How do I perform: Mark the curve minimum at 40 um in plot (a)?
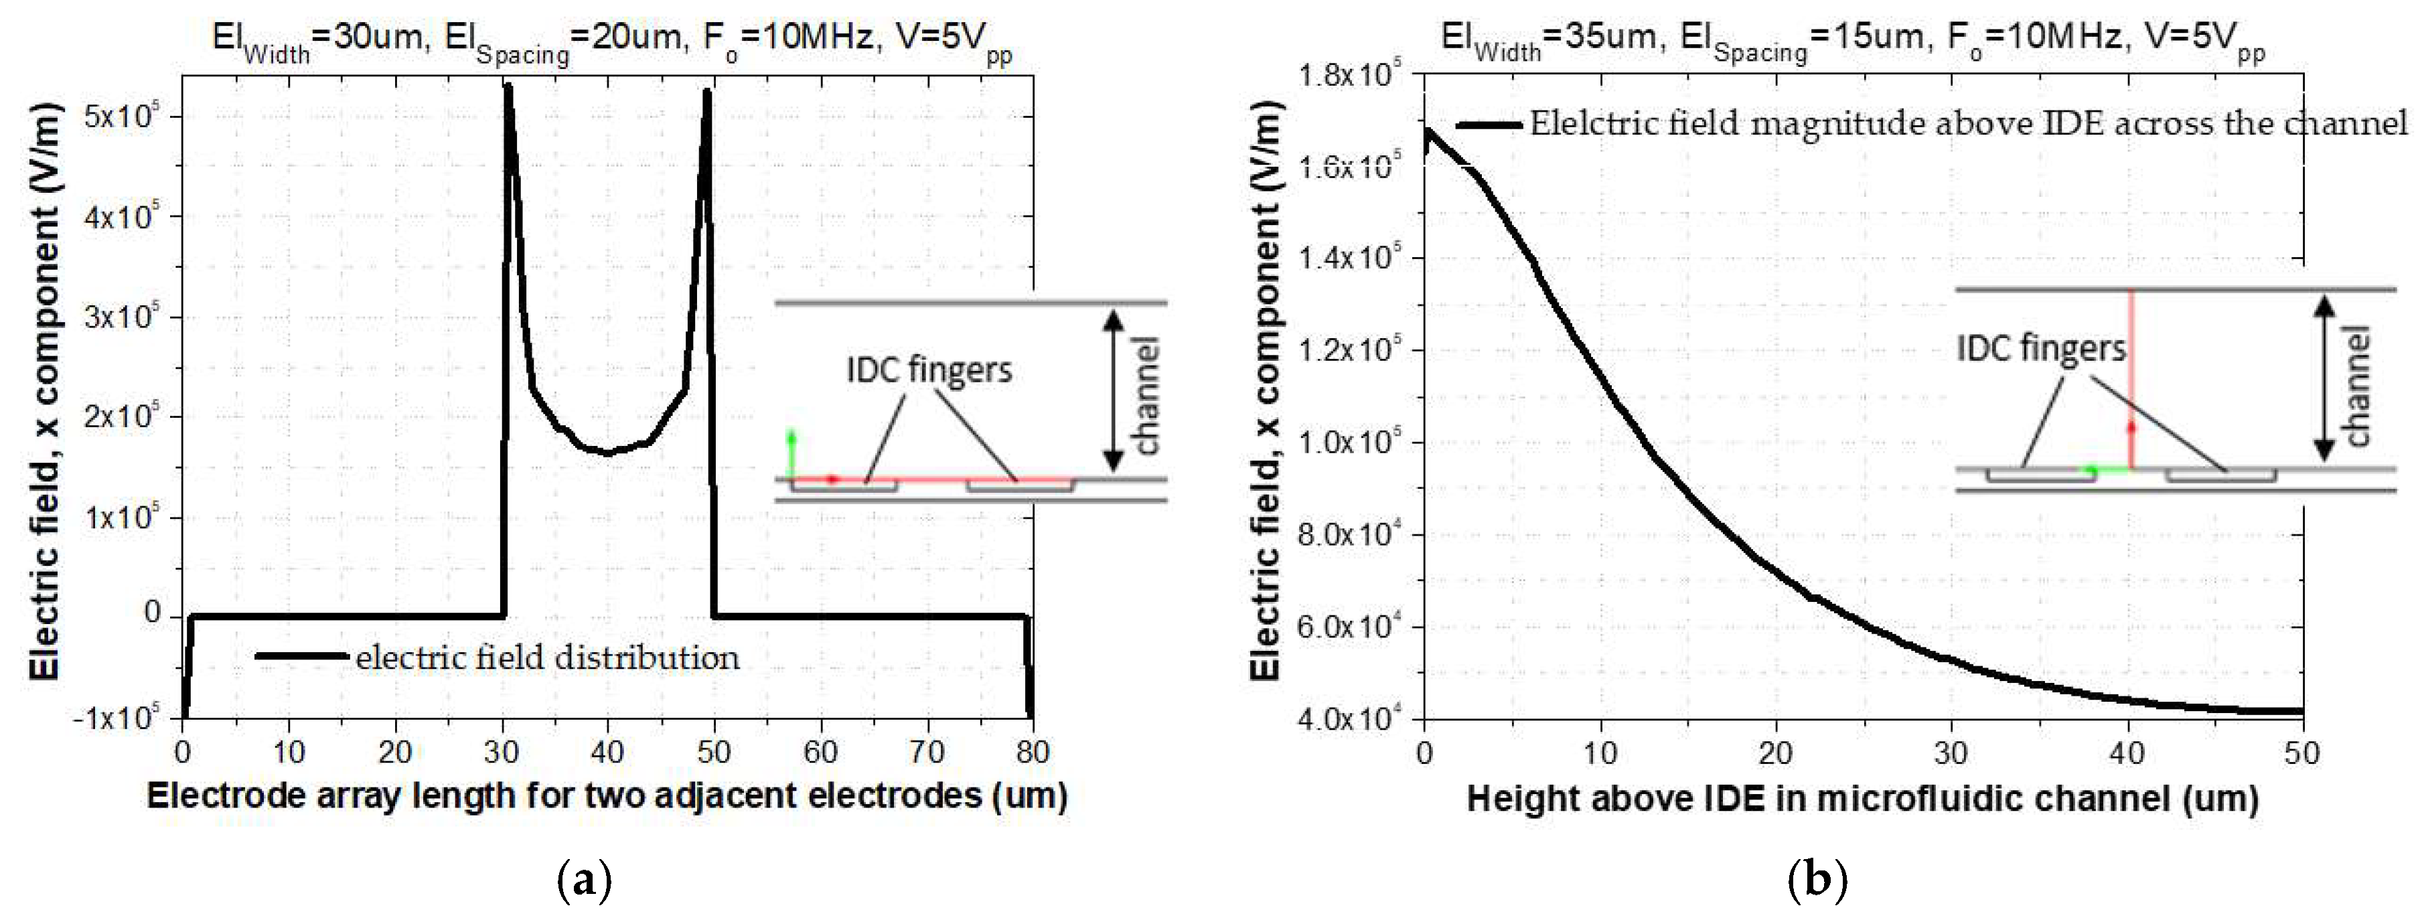click(607, 453)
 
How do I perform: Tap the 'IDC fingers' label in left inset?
click(929, 370)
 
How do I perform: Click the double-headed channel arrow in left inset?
click(1113, 390)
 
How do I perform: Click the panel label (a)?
click(585, 881)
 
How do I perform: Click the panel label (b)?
click(1817, 881)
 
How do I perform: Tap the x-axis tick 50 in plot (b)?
click(2301, 753)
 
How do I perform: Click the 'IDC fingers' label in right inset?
click(2040, 348)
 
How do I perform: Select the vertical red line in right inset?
click(2131, 376)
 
